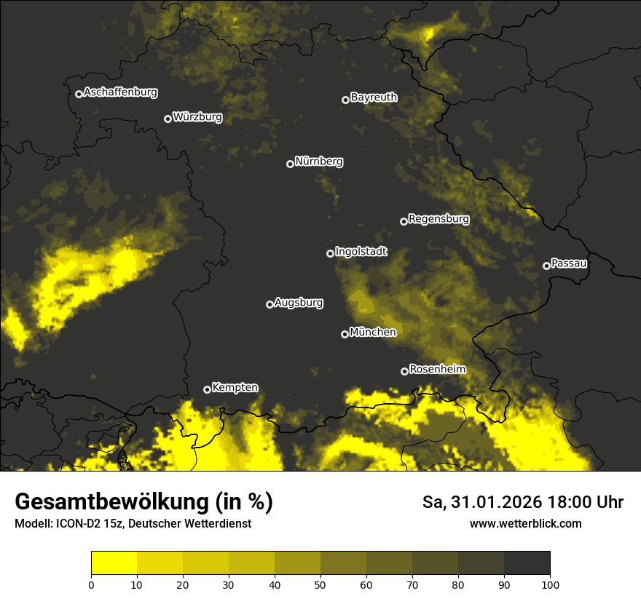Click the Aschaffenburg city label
pyautogui.click(x=120, y=92)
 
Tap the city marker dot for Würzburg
pyautogui.click(x=168, y=119)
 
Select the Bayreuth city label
pyautogui.click(x=374, y=97)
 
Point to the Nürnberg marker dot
pyautogui.click(x=290, y=164)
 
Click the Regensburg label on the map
pyautogui.click(x=439, y=218)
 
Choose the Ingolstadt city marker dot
pyautogui.click(x=330, y=253)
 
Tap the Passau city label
pyautogui.click(x=569, y=263)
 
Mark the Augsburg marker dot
pyautogui.click(x=270, y=304)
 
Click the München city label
pyautogui.click(x=372, y=332)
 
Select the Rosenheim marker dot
pyautogui.click(x=404, y=371)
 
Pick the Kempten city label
pyautogui.click(x=235, y=387)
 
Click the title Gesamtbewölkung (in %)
pyautogui.click(x=143, y=502)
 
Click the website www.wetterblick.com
pyautogui.click(x=525, y=523)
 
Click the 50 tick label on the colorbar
pyautogui.click(x=320, y=584)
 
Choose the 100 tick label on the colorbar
pyautogui.click(x=549, y=584)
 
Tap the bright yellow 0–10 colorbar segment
pyautogui.click(x=114, y=563)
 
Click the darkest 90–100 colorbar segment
pyautogui.click(x=527, y=563)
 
